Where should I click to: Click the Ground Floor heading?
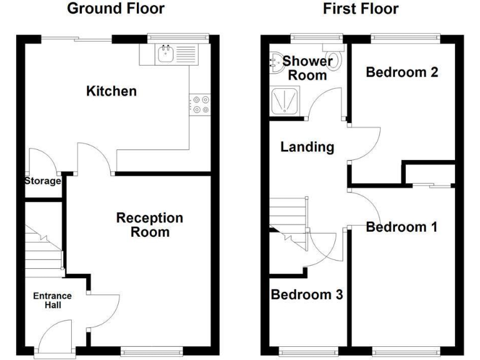click(116, 9)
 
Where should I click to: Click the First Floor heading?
click(360, 9)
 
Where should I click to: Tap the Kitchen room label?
click(111, 92)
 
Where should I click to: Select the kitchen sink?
click(166, 54)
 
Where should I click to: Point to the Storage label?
click(42, 181)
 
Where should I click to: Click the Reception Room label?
click(150, 225)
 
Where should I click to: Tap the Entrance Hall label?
click(53, 301)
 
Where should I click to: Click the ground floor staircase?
click(44, 250)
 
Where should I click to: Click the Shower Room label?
click(307, 68)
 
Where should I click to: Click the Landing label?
click(307, 147)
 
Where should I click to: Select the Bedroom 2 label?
click(401, 72)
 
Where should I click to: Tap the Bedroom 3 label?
click(307, 294)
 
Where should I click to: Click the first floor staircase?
click(289, 219)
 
